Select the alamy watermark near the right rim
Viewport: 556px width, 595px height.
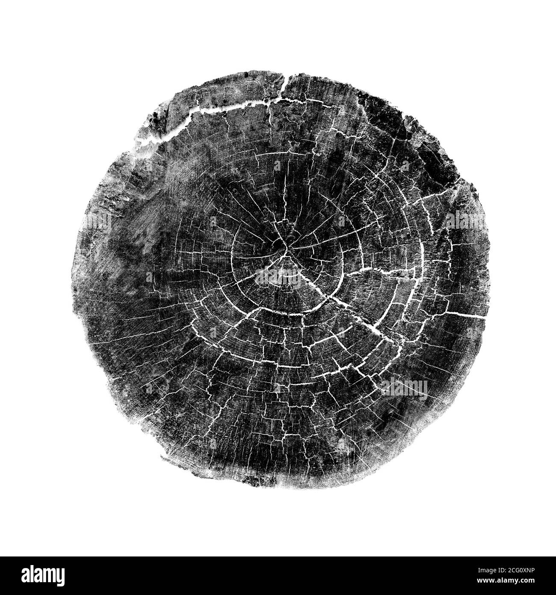[x=468, y=221]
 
